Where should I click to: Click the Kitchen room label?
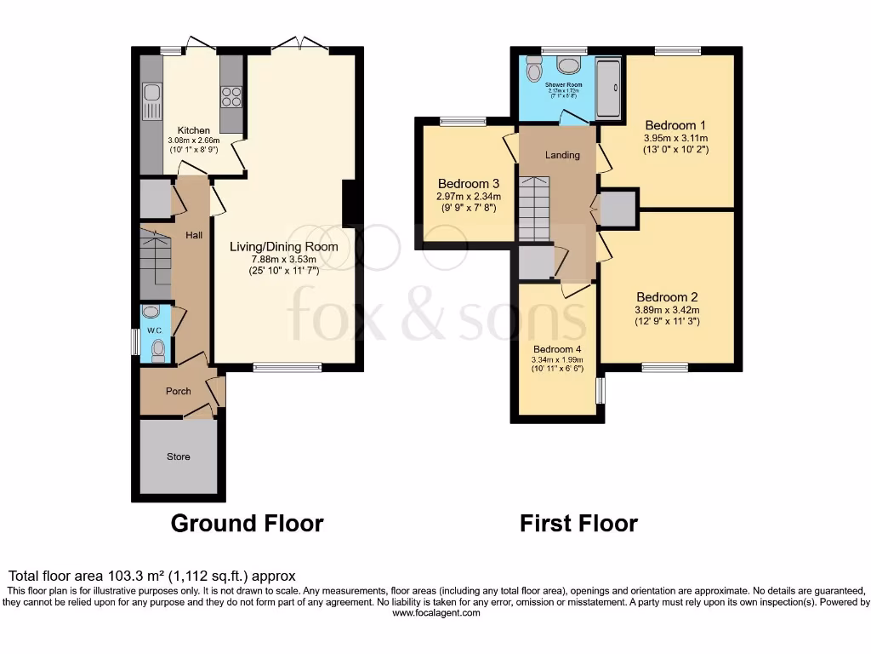click(x=194, y=130)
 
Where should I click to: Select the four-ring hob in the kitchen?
click(x=231, y=96)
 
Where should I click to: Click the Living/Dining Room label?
click(x=283, y=247)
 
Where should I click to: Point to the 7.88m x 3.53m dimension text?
click(x=283, y=260)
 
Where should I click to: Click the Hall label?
click(x=194, y=235)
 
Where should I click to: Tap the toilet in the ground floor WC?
click(x=158, y=350)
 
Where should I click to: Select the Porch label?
click(x=178, y=392)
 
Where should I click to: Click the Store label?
click(x=179, y=456)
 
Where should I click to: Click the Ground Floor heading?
click(x=247, y=523)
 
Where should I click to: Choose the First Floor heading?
click(x=578, y=523)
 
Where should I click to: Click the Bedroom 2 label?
click(x=667, y=297)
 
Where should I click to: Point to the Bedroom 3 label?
click(x=468, y=184)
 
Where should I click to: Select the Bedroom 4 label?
click(x=557, y=349)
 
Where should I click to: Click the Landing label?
click(x=562, y=155)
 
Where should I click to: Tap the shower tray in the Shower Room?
click(x=608, y=88)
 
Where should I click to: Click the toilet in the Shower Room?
click(x=533, y=68)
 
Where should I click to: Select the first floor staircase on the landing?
click(x=534, y=208)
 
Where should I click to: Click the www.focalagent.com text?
click(x=435, y=613)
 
